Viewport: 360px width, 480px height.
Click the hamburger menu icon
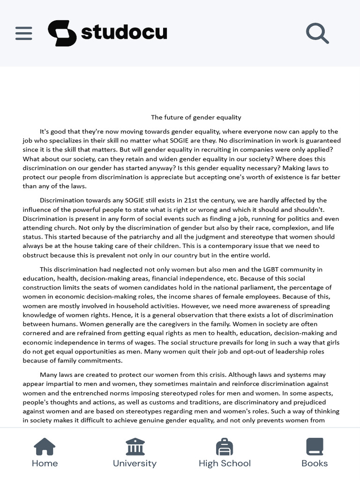23,33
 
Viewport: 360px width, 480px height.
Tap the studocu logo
107,33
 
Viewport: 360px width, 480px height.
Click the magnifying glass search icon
317,33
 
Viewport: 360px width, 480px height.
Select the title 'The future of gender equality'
196,117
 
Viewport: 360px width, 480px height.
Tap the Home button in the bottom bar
45,453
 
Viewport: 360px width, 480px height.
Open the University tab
135,453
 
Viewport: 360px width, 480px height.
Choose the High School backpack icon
225,447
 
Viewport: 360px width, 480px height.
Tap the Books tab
315,453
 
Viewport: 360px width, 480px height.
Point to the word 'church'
64,228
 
